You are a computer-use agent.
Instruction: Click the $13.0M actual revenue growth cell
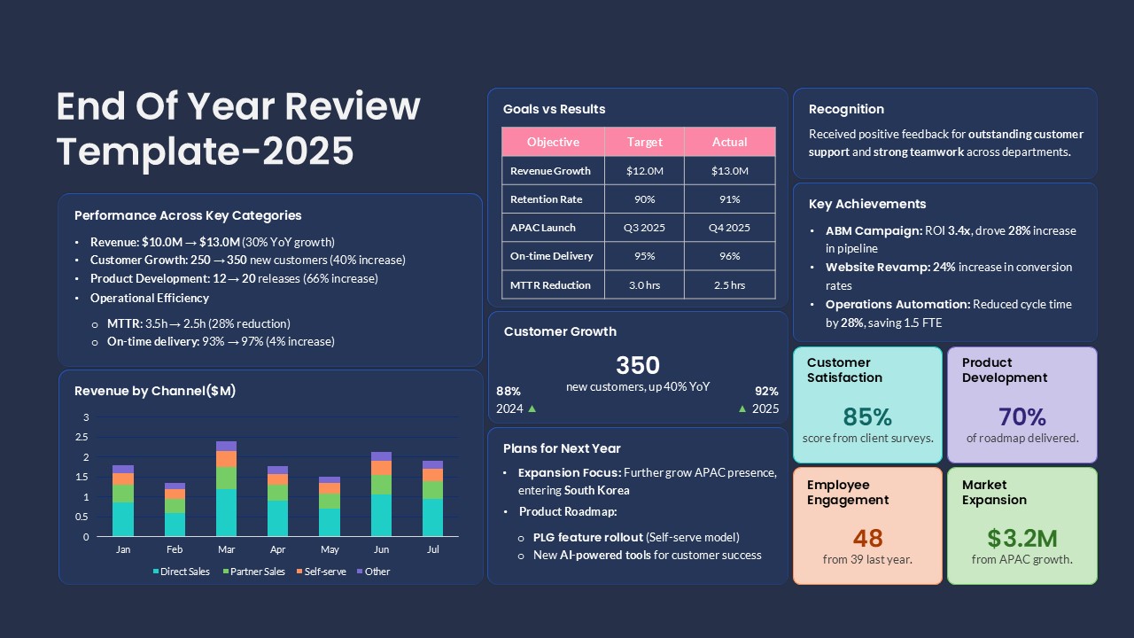tap(730, 171)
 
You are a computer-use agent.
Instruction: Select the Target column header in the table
tap(644, 142)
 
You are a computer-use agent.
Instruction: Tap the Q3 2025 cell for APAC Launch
tap(644, 228)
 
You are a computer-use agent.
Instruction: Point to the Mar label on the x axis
tap(226, 549)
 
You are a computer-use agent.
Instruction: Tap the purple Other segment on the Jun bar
tap(381, 456)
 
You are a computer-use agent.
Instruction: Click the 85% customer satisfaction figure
tap(867, 416)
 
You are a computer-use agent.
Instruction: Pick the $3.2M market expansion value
tap(1021, 538)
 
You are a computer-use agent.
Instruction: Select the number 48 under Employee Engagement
tap(867, 538)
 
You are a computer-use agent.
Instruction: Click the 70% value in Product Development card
tap(1021, 416)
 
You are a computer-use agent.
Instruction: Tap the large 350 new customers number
tap(638, 365)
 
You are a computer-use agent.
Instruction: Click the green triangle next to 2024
tap(532, 409)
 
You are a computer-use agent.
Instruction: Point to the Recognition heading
tap(846, 109)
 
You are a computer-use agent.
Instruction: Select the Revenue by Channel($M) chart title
tap(155, 391)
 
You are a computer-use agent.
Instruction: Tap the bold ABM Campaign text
tap(874, 230)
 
